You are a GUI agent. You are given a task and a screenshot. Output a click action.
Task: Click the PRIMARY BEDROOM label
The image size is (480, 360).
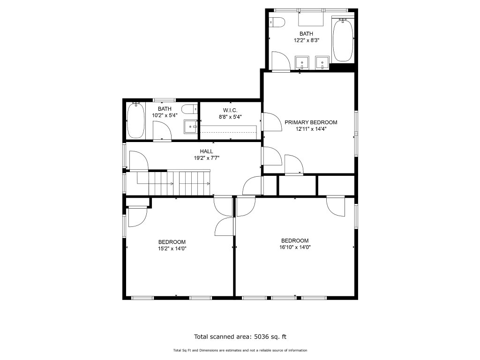(x=311, y=122)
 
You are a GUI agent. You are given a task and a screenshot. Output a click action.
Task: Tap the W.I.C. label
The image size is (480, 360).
(x=230, y=110)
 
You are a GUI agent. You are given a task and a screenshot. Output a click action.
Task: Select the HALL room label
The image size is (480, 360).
(x=206, y=151)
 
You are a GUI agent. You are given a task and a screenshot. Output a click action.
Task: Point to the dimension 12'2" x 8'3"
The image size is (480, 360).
(x=307, y=40)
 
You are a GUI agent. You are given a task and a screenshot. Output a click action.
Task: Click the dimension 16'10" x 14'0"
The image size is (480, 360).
(x=295, y=247)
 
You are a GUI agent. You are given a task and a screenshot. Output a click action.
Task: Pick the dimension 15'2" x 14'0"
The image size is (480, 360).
(x=172, y=248)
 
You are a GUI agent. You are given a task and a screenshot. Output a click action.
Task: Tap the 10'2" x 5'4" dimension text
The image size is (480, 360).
(x=165, y=115)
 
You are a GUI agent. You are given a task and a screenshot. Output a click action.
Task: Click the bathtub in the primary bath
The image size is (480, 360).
(x=343, y=40)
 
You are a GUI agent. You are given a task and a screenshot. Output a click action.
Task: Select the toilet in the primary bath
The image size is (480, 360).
(x=277, y=22)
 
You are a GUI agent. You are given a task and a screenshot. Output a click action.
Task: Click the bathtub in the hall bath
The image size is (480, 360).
(x=135, y=120)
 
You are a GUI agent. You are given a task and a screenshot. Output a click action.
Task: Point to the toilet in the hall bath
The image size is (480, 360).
(x=189, y=109)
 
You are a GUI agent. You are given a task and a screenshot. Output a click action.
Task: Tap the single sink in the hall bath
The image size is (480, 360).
(x=191, y=127)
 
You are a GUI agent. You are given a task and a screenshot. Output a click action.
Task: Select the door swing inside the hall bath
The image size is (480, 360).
(x=162, y=131)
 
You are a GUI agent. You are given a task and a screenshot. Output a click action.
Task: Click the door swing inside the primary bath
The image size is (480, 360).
(x=281, y=61)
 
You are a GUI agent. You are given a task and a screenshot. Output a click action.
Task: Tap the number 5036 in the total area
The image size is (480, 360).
(x=261, y=337)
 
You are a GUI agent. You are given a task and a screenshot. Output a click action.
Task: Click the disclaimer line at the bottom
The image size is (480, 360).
(x=240, y=350)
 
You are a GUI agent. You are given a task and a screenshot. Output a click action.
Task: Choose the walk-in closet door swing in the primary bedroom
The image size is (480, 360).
(x=272, y=122)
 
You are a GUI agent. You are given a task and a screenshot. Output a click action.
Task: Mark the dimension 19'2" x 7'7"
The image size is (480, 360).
(x=207, y=158)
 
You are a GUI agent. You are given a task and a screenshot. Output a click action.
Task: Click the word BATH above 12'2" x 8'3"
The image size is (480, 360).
(x=306, y=34)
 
